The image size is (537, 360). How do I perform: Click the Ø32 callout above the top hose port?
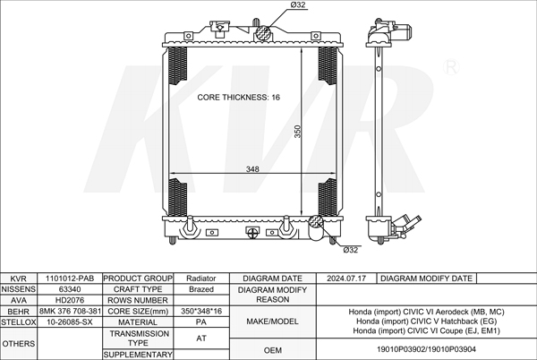point(298,5)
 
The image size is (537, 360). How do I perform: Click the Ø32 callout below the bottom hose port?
point(350,250)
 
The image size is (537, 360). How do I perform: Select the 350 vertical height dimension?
point(298,132)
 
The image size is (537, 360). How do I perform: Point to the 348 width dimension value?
point(252,169)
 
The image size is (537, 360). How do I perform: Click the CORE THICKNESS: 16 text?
point(238,98)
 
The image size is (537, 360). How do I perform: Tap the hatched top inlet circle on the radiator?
point(263,33)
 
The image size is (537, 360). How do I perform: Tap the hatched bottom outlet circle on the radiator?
point(316,222)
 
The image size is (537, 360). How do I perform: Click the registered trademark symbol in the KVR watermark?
point(451,67)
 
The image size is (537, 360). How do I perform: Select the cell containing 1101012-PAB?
point(70,279)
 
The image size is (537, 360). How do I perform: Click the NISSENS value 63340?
point(70,289)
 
